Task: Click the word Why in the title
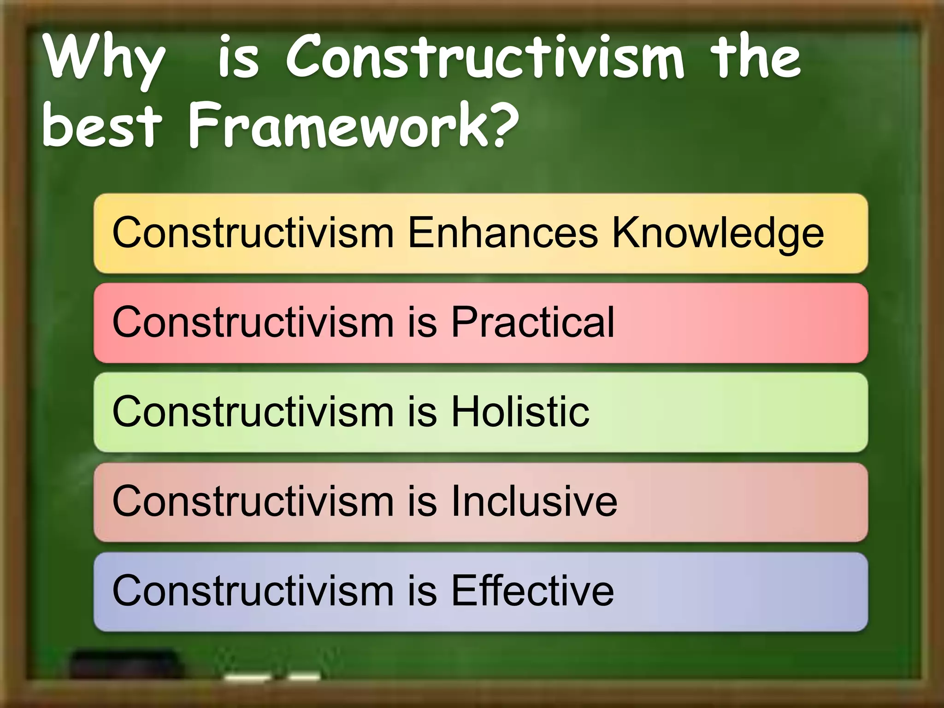point(104,60)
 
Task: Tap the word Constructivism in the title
point(484,58)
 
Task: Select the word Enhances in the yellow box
point(503,232)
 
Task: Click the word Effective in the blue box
point(532,590)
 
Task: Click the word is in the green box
point(422,411)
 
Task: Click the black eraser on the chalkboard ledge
point(124,664)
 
